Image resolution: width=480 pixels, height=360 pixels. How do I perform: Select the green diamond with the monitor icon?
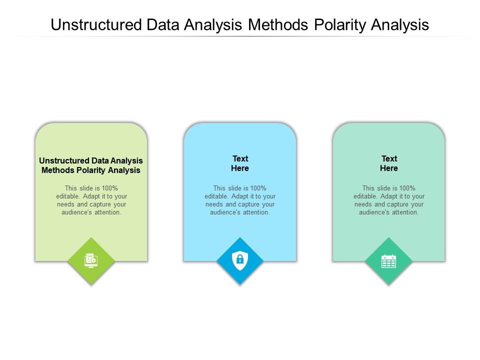point(91,260)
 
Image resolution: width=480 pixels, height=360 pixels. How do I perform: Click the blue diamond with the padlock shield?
point(240,260)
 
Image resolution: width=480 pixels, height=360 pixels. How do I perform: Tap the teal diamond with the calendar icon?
point(388,260)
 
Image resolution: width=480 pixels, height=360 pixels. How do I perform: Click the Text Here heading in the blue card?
point(240,163)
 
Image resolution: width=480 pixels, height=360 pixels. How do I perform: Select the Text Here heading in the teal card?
point(389,163)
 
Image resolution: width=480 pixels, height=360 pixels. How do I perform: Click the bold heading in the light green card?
point(91,165)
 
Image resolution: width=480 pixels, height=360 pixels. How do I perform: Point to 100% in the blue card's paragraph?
point(257,188)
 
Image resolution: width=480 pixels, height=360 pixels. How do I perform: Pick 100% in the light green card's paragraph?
point(108,188)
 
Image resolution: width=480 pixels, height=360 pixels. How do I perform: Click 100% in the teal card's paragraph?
point(406,188)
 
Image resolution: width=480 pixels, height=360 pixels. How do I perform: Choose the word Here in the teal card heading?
point(389,168)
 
